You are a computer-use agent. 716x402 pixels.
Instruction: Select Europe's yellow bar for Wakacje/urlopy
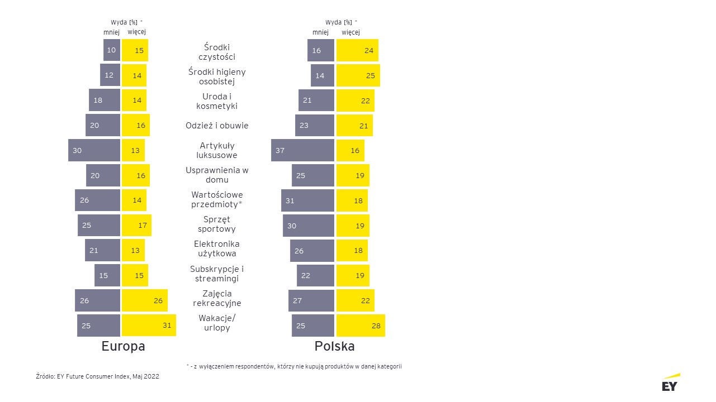(x=149, y=326)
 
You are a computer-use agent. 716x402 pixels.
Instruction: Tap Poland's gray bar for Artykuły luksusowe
(x=302, y=150)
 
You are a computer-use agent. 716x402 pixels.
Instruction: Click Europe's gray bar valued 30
(x=94, y=150)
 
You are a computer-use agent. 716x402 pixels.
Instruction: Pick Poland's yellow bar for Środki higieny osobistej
(x=358, y=75)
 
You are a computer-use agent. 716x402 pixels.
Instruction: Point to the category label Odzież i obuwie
(x=217, y=126)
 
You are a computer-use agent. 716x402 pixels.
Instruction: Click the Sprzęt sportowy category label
(x=217, y=224)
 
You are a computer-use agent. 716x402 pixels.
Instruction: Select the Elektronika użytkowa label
(x=217, y=248)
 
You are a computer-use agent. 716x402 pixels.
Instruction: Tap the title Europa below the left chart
(x=123, y=346)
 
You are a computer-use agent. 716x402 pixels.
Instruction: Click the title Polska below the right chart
(x=334, y=346)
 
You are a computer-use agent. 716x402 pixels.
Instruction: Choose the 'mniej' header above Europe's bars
(x=111, y=32)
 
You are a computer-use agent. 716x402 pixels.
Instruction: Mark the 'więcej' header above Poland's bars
(x=350, y=32)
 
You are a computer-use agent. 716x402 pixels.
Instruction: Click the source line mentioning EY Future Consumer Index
(x=97, y=376)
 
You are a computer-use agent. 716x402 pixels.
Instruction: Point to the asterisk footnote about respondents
(x=294, y=366)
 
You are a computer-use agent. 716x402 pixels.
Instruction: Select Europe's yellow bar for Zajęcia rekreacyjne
(x=144, y=300)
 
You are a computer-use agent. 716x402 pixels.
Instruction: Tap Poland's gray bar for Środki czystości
(x=321, y=50)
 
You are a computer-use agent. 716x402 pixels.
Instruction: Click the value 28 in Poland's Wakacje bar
(x=376, y=326)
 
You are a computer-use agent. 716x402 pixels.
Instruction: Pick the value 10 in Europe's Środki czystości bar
(x=111, y=50)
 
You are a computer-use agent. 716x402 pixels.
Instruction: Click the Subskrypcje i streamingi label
(x=217, y=274)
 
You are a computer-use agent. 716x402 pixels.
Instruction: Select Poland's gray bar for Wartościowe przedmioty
(x=307, y=200)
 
